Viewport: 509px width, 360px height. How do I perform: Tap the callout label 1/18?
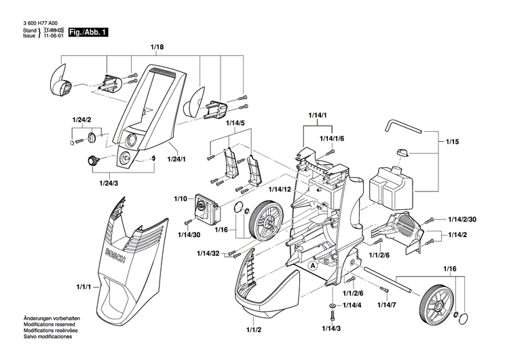tap(157, 48)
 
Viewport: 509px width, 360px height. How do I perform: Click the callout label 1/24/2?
tap(81, 120)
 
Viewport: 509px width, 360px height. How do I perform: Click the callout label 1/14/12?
tap(279, 189)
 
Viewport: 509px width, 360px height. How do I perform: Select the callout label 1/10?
tap(180, 198)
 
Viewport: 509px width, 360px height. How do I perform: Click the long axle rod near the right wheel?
tap(390, 278)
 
